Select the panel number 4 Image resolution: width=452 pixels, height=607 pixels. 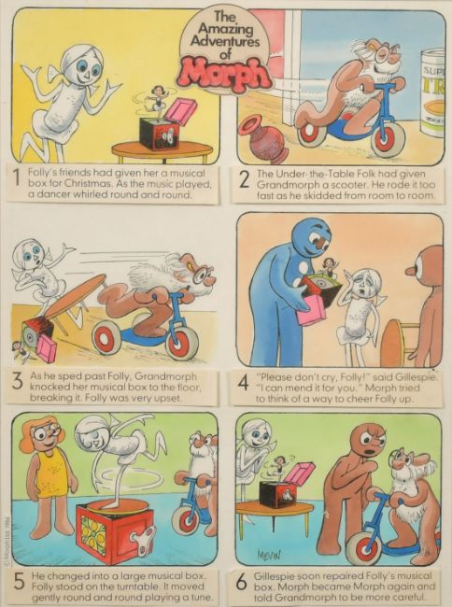coord(243,384)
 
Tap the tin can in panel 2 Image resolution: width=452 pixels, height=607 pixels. coord(432,92)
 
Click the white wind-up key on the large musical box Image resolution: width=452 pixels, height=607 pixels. coord(142,537)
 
